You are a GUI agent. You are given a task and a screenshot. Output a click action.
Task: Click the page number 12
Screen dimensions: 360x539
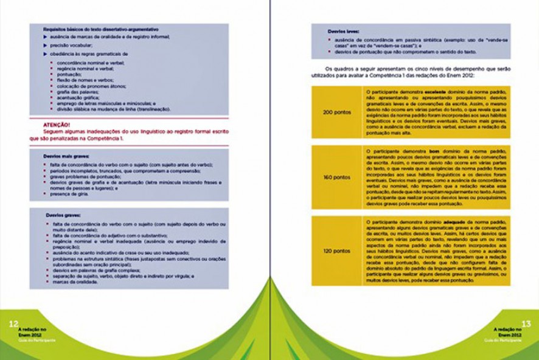(x=12, y=324)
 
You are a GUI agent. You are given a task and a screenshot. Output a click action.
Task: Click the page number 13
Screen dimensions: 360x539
(x=527, y=324)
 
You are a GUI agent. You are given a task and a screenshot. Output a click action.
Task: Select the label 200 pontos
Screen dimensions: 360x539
(x=336, y=112)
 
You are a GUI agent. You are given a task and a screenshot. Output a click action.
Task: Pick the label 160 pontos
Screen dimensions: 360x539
(x=336, y=178)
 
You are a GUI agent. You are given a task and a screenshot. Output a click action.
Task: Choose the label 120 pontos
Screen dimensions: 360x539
(x=336, y=250)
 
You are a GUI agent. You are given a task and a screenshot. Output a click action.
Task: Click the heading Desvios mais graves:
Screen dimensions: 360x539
(x=66, y=156)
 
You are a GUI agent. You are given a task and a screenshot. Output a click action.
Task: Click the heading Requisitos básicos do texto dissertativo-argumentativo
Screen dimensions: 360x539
(x=101, y=29)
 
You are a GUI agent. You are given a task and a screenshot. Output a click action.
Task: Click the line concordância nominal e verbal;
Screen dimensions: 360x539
(x=91, y=63)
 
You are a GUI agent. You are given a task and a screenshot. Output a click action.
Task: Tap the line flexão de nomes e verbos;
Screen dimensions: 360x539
(x=85, y=80)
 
